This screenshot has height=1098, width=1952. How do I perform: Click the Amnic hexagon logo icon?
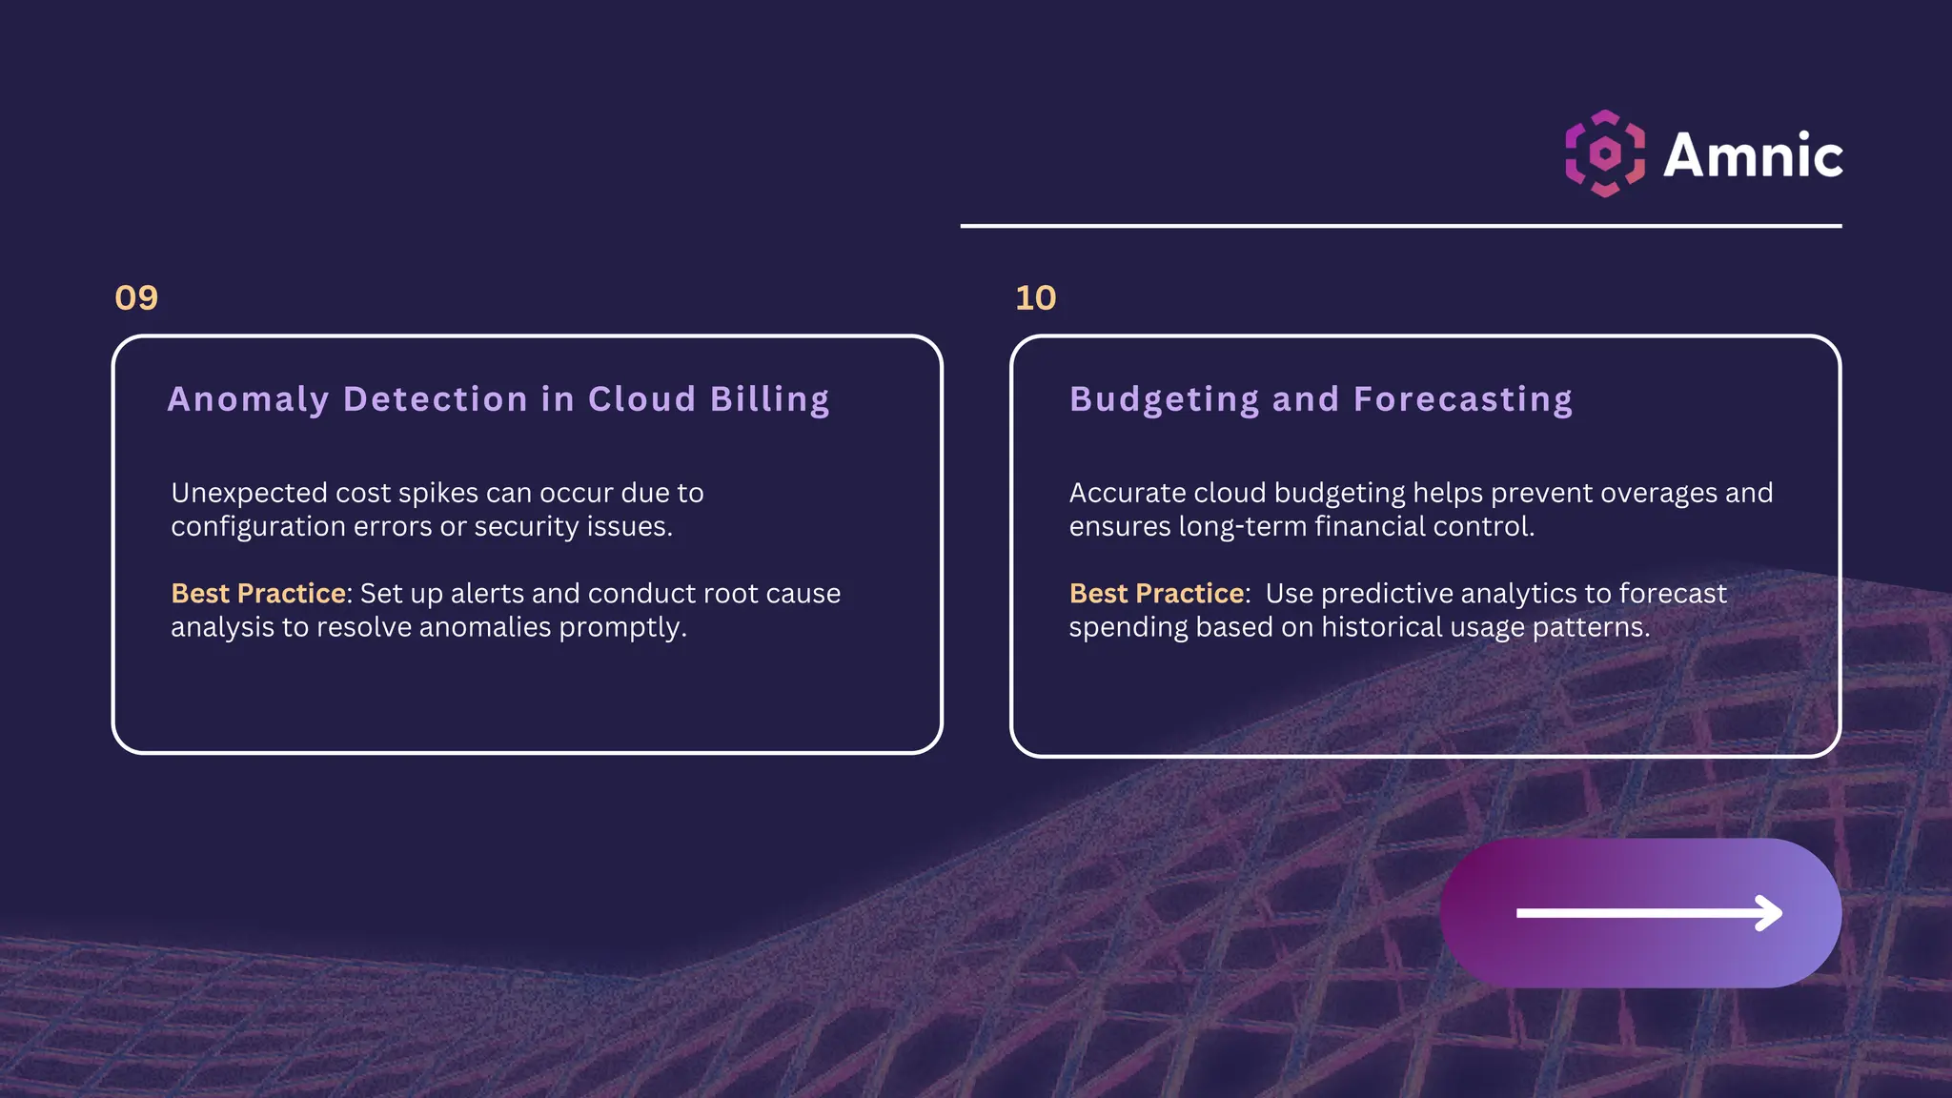coord(1605,153)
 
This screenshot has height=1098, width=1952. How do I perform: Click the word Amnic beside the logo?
coord(1753,155)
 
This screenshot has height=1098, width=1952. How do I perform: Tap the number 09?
coord(136,298)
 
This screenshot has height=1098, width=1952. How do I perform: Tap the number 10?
coord(1035,298)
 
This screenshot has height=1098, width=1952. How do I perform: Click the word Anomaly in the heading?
coord(248,399)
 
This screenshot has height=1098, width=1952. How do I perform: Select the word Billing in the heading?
coord(769,399)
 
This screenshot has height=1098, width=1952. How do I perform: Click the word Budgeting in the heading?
coord(1164,399)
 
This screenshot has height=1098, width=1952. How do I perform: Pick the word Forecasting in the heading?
coord(1462,399)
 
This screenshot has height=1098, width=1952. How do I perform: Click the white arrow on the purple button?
coord(1649,913)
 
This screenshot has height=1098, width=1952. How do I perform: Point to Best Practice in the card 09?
coord(258,594)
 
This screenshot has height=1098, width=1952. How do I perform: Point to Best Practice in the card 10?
coord(1156,594)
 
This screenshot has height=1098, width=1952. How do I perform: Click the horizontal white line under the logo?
coord(1400,226)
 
